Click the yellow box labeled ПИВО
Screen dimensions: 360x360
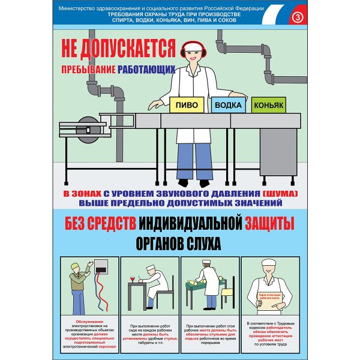pyautogui.click(x=187, y=104)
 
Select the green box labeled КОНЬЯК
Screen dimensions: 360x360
pyautogui.click(x=268, y=105)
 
